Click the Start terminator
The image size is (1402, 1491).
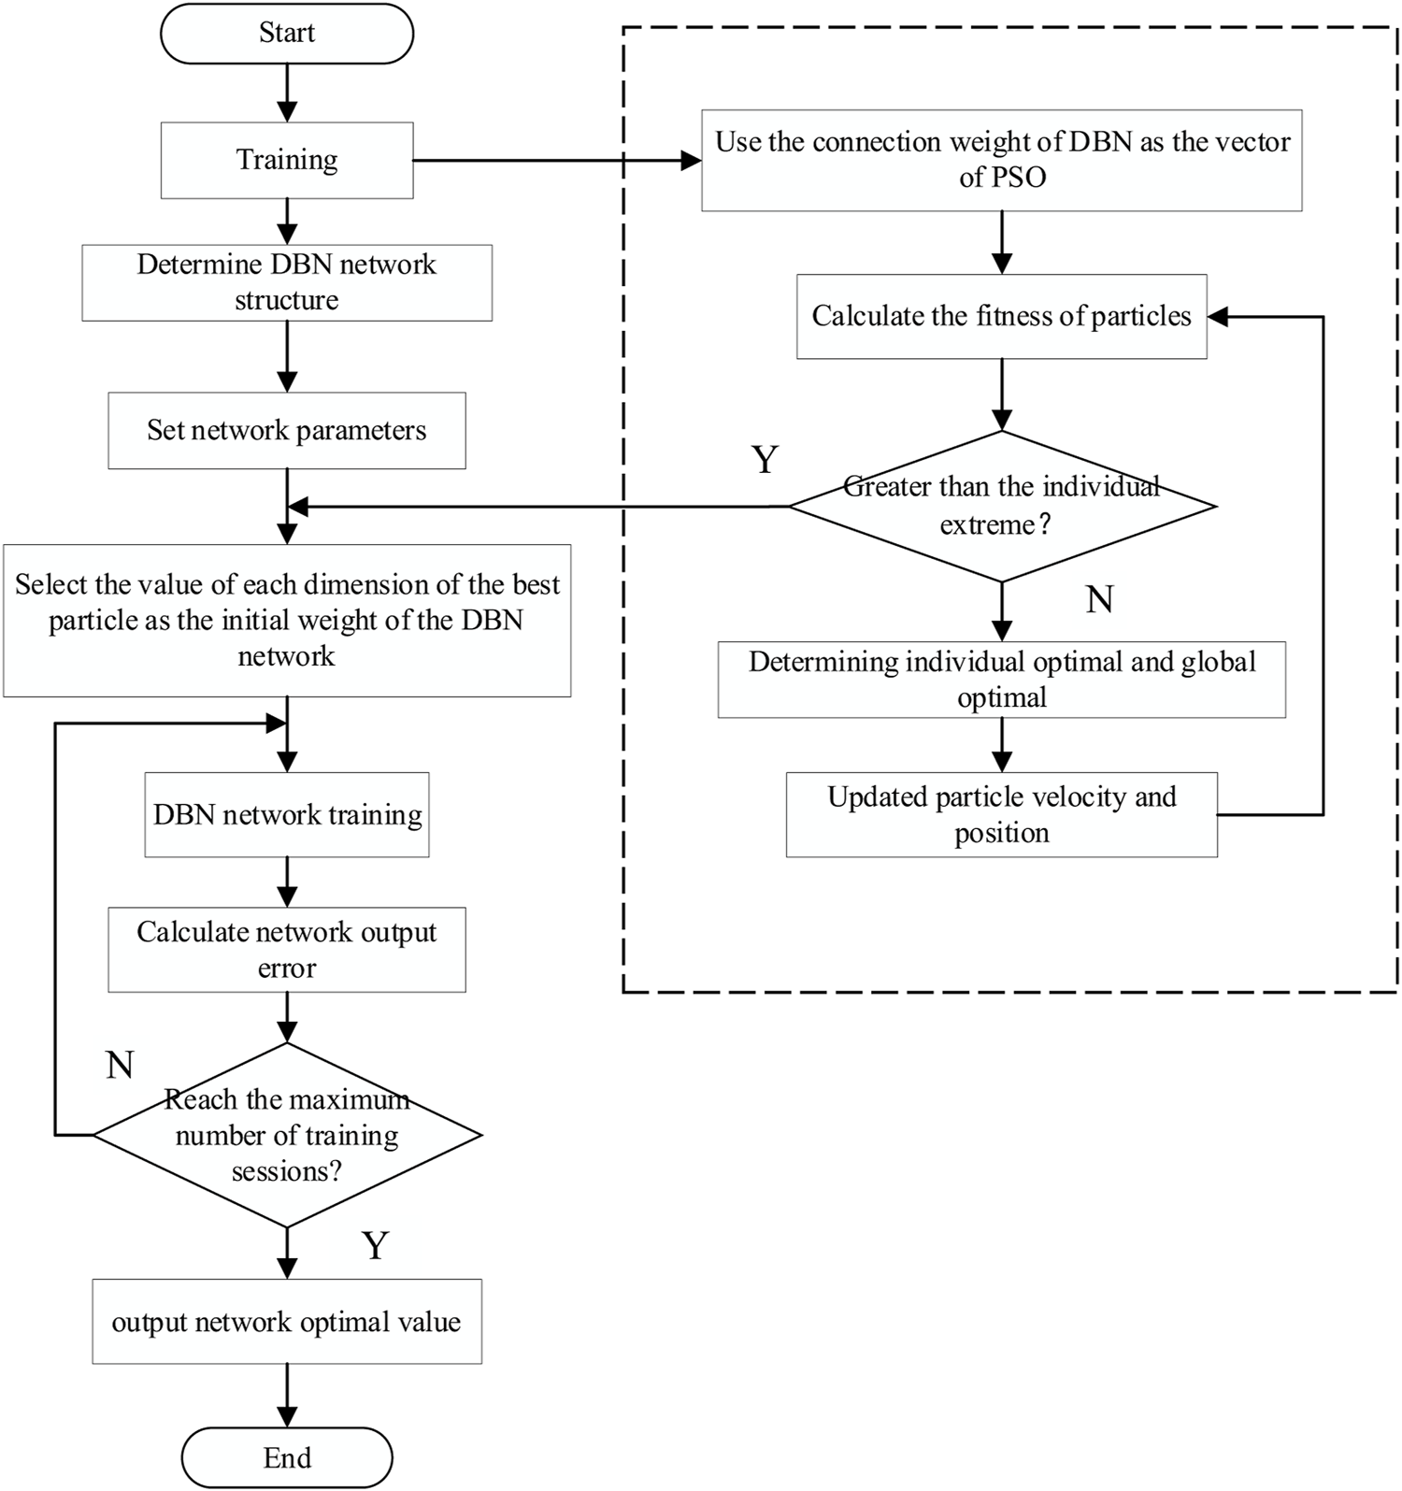[x=286, y=33]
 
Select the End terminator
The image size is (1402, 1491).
[x=286, y=1457]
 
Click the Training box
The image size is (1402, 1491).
[x=286, y=160]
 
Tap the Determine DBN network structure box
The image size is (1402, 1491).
[x=286, y=282]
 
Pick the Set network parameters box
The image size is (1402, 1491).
[x=286, y=430]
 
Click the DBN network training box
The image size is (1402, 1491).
[x=286, y=814]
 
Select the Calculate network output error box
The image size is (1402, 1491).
[x=286, y=949]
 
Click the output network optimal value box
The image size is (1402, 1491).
[x=286, y=1322]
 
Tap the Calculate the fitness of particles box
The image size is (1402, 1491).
[x=1001, y=316]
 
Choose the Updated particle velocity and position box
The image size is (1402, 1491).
[x=1001, y=814]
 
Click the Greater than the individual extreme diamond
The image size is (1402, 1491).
[x=1001, y=506]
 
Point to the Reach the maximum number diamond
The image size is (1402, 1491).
[x=286, y=1135]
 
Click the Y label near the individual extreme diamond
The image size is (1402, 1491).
[x=765, y=459]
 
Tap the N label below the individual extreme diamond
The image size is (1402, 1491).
[x=1099, y=599]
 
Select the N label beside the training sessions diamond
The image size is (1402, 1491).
[x=120, y=1065]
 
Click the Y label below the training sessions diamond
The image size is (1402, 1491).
[x=375, y=1245]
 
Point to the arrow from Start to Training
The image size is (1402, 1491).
[x=287, y=93]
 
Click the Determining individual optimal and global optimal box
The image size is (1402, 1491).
[x=1001, y=680]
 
